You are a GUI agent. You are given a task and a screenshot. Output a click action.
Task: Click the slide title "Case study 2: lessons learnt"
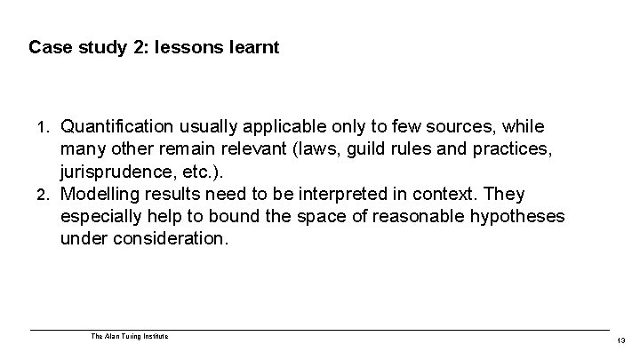tap(154, 46)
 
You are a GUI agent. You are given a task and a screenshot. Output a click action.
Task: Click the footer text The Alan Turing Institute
tap(129, 336)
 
